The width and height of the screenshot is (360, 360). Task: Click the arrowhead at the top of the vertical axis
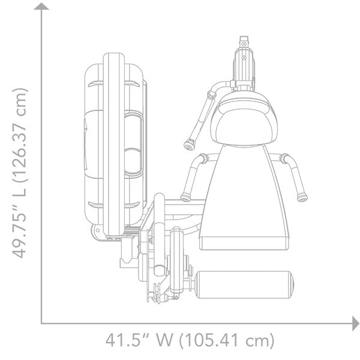click(41, 7)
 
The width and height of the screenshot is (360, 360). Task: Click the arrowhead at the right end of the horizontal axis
click(356, 323)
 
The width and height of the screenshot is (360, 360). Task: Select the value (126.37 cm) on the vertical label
click(20, 135)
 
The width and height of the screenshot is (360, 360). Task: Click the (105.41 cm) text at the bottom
click(227, 340)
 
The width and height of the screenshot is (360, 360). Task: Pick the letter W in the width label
click(164, 340)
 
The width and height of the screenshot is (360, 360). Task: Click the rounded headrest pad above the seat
click(244, 119)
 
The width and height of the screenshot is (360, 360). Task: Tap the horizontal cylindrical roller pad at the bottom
click(245, 284)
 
